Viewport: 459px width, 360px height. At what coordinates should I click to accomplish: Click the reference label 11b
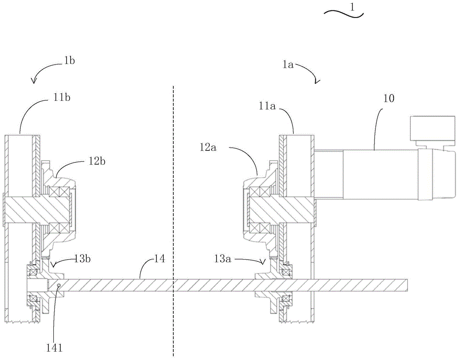62,97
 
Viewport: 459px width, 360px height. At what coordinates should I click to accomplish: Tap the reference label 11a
267,106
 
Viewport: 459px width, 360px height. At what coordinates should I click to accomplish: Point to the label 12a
208,147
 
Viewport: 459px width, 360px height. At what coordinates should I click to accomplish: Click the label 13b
82,259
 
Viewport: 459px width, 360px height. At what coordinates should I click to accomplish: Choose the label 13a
222,259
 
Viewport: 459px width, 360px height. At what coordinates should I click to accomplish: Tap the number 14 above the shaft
160,259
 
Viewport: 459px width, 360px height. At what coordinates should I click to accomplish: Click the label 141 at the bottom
55,348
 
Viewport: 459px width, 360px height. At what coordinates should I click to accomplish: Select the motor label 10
389,98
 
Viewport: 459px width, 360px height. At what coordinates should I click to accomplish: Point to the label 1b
69,61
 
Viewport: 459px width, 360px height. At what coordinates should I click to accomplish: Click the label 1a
288,65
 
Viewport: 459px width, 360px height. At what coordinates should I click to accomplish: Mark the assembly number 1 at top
353,7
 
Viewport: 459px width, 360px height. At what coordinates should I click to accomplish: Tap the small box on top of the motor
433,128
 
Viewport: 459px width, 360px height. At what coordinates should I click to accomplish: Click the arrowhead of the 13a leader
264,261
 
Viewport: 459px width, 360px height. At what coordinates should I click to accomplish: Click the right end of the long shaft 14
408,285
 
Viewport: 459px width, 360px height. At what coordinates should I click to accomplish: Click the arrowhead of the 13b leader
53,265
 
